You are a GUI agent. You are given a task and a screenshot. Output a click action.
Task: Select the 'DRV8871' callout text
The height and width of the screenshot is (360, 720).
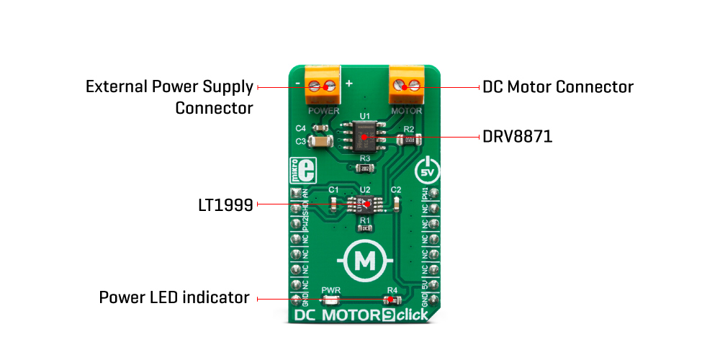click(517, 136)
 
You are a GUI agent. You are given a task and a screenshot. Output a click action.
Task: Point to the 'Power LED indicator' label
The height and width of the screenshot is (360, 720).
click(174, 297)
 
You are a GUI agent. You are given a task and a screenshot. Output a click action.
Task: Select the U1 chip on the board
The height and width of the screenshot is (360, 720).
click(364, 135)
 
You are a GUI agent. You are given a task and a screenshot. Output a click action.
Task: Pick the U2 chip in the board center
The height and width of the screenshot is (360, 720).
click(364, 204)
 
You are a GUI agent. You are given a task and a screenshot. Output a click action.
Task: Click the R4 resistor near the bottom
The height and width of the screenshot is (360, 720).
click(392, 301)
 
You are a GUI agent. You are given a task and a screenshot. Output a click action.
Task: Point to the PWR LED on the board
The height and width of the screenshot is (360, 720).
click(331, 301)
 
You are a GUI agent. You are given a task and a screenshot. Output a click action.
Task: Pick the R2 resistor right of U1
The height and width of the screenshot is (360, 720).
click(408, 139)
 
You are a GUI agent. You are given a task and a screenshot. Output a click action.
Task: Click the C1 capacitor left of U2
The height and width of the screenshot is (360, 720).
click(333, 204)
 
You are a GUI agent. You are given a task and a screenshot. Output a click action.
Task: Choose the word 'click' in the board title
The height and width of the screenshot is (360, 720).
click(411, 315)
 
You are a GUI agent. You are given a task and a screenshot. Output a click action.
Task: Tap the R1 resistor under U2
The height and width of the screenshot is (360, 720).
click(365, 228)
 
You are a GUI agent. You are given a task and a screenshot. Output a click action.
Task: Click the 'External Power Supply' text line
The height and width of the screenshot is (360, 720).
click(169, 87)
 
